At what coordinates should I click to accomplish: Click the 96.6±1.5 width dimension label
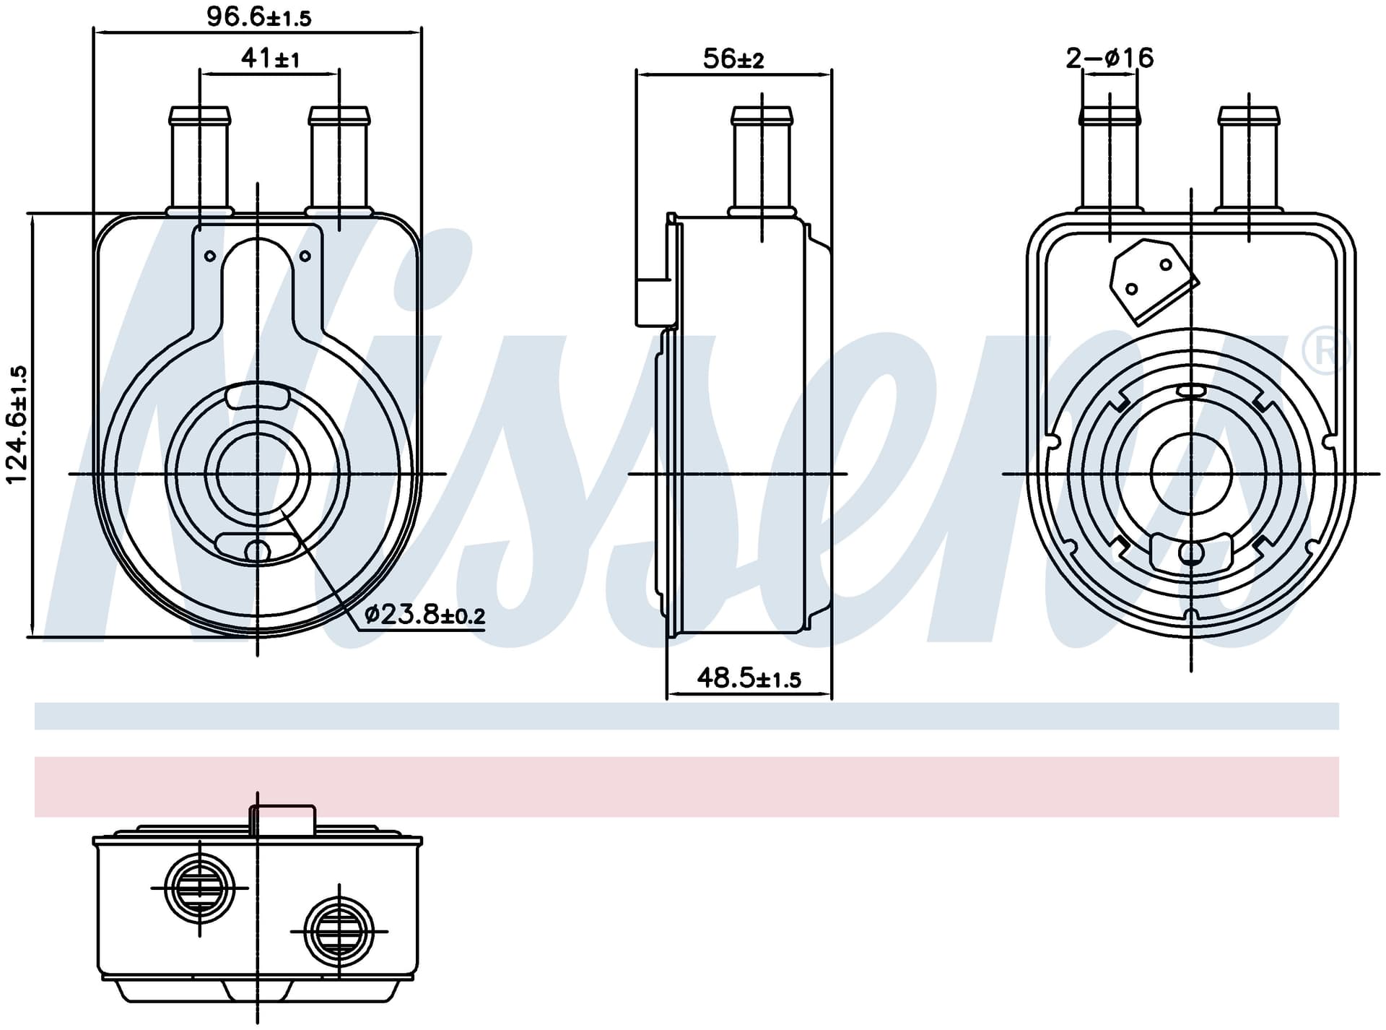click(258, 17)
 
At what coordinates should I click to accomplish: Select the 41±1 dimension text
click(270, 58)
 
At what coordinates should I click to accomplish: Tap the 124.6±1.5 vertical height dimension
click(17, 425)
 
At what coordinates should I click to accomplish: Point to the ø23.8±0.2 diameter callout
click(425, 615)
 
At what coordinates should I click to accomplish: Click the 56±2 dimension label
click(733, 59)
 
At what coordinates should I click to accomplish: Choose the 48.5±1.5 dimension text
click(749, 678)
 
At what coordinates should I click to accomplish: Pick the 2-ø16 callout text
click(1110, 58)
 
